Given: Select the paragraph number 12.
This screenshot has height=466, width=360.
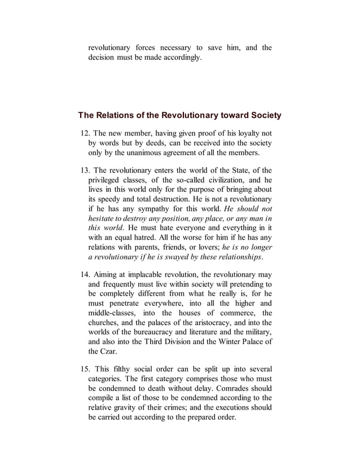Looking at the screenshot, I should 86,134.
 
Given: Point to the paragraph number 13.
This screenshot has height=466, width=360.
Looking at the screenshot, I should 86,170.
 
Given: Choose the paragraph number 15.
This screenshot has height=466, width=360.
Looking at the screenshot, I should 86,368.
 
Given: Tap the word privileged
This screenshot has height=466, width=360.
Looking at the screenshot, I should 107,180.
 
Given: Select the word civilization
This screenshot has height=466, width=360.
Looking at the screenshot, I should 216,180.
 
